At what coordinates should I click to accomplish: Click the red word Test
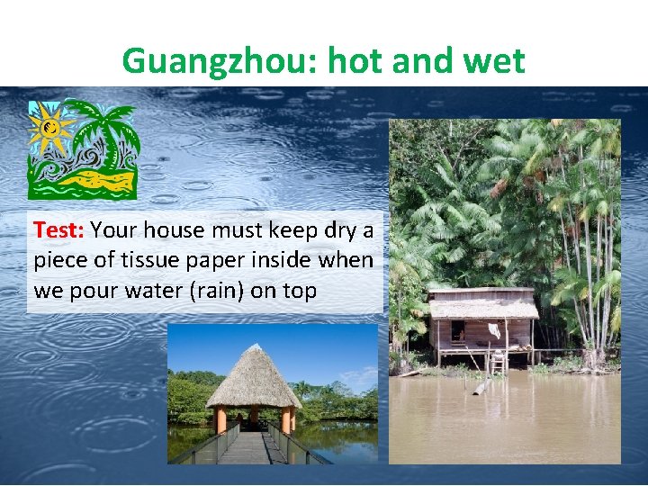pos(58,229)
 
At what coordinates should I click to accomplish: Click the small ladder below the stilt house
pos(496,362)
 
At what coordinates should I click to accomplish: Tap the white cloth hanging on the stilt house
pos(494,330)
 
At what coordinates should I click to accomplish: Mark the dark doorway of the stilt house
pos(458,331)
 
